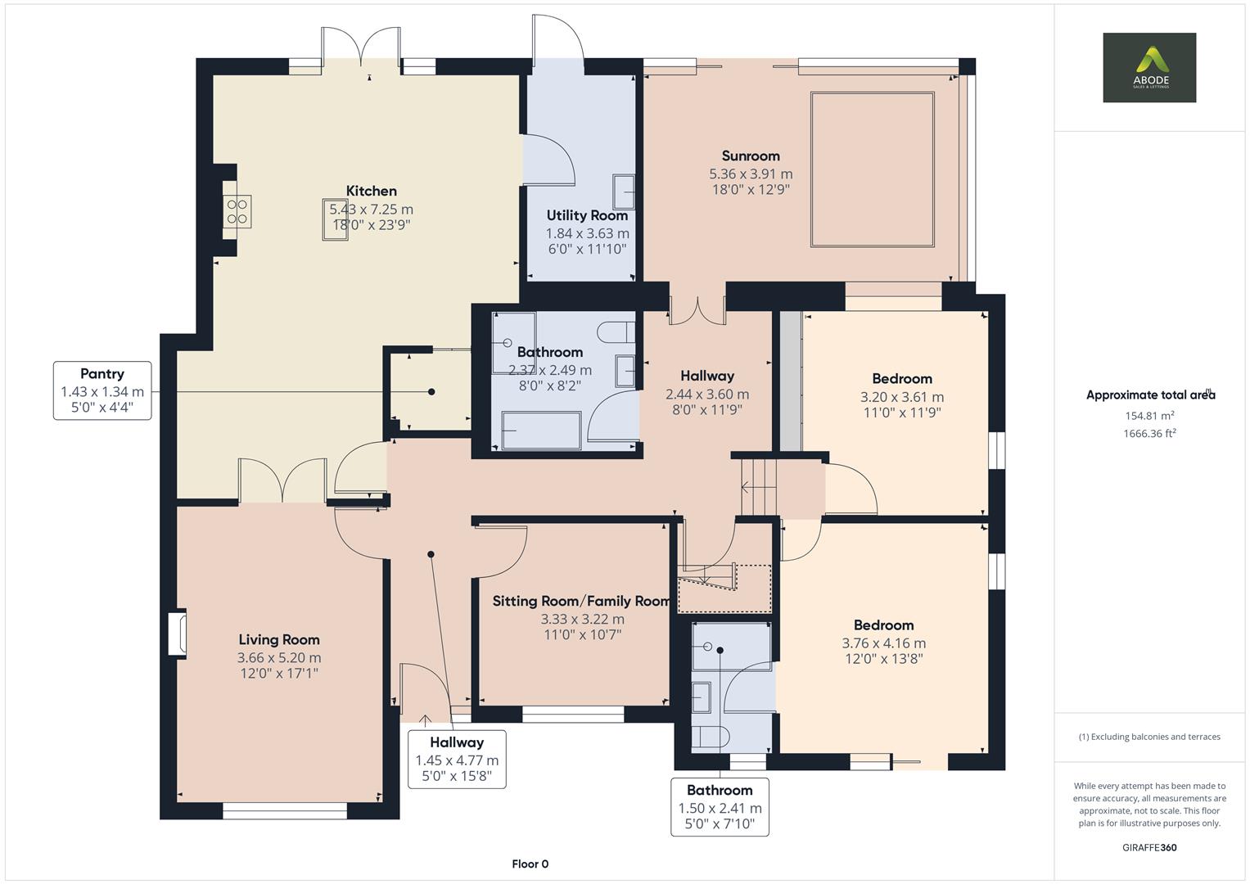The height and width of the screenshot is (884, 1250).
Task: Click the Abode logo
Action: (1148, 67)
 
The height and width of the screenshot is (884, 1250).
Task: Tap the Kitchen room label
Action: (371, 192)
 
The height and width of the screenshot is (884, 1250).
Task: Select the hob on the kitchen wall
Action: (238, 211)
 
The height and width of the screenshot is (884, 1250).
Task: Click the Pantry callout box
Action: (102, 390)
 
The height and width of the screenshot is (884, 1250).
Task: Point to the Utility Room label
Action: (587, 215)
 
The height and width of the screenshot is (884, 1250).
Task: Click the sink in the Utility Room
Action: (624, 193)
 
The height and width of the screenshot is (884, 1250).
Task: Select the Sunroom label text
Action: (750, 156)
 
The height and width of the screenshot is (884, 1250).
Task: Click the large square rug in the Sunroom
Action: (872, 169)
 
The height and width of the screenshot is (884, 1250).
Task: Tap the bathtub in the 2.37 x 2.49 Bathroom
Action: (541, 431)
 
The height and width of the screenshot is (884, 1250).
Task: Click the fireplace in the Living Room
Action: (178, 633)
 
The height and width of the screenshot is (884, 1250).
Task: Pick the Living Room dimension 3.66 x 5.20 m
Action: (279, 657)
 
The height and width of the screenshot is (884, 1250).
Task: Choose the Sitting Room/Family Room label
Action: (581, 602)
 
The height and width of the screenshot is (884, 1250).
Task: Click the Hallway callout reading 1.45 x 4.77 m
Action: (457, 760)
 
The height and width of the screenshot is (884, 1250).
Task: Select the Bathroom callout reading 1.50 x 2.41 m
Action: (720, 807)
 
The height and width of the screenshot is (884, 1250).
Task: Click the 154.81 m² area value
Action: (1149, 416)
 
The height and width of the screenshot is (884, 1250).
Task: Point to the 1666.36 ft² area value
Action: (1149, 434)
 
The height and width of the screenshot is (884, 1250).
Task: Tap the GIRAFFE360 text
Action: (1148, 847)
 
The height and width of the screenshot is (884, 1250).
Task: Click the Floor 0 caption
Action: (530, 864)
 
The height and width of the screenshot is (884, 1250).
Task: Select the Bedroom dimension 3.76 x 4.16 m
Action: (883, 643)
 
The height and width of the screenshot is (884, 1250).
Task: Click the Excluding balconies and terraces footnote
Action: (1149, 737)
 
